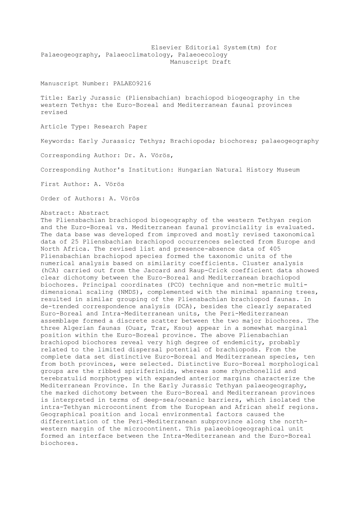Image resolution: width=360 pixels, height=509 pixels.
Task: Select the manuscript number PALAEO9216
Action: (132, 83)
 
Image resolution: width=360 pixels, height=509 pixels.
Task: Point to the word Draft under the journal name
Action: (222, 62)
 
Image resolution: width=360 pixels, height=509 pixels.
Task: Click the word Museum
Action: (288, 170)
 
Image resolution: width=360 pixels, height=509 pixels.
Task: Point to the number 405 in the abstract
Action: (275, 249)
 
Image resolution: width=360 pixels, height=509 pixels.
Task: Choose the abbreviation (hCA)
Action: (50, 270)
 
